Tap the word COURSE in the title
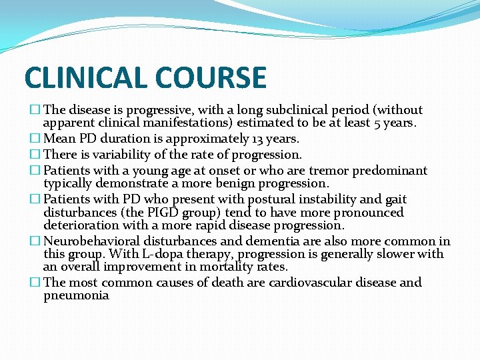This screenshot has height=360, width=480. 216,78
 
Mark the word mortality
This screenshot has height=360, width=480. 221,267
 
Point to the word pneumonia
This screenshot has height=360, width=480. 76,295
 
